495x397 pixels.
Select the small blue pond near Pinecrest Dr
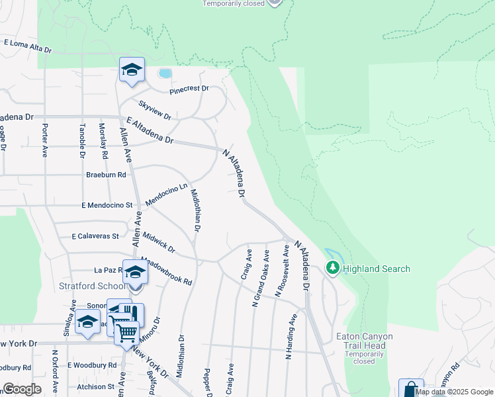(164, 73)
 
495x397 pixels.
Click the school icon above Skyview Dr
(132, 69)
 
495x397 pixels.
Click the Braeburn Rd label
(105, 175)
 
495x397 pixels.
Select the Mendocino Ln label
(167, 194)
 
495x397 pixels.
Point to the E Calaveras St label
(95, 236)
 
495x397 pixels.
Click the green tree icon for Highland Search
(333, 268)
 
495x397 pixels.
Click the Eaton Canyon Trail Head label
(364, 341)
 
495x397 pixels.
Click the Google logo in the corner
(22, 388)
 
